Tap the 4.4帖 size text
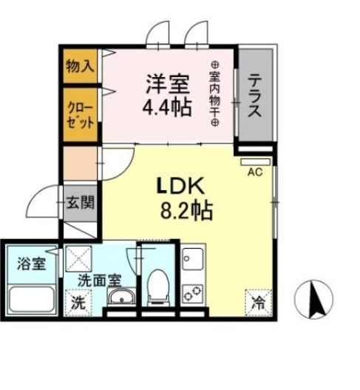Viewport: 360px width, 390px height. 167,107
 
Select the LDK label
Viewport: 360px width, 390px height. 180,184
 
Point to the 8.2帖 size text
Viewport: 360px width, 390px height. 186,212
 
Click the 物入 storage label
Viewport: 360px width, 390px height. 80,65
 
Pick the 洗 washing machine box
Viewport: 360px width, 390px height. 76,302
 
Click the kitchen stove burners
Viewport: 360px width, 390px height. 197,293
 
